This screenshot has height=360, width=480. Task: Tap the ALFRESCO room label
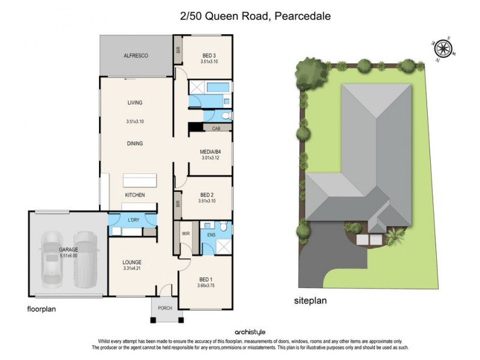pos(136,56)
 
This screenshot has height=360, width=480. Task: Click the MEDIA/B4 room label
pos(211,152)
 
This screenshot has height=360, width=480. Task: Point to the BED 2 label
pos(207,195)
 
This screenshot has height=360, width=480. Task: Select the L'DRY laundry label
pos(133,220)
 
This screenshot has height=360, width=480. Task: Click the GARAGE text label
pos(68,249)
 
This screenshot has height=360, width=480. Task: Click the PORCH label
pos(165,308)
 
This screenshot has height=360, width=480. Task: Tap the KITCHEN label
pos(135,195)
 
